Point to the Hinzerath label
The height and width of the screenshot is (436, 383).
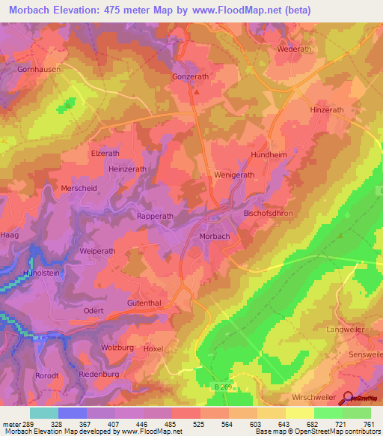[326, 109]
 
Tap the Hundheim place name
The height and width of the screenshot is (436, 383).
[269, 157]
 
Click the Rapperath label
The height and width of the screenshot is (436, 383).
[155, 216]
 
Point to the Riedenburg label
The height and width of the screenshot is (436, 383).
[99, 373]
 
